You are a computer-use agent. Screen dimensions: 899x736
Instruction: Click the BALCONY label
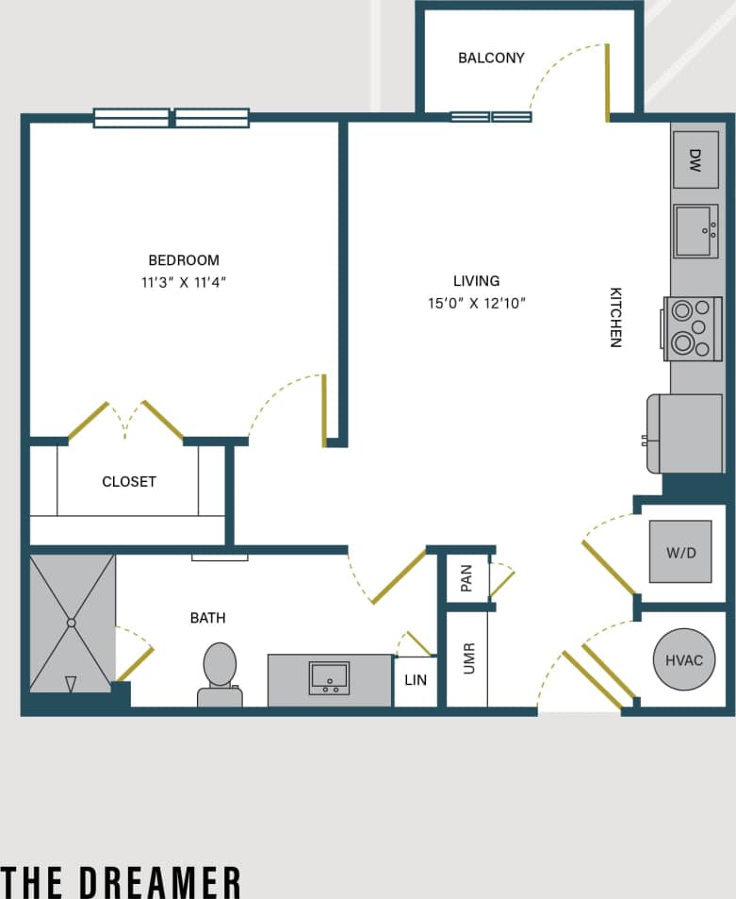pos(491,58)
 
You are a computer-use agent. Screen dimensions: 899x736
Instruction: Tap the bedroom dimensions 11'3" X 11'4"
pos(184,282)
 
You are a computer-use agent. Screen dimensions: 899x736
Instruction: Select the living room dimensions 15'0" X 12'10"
pos(476,303)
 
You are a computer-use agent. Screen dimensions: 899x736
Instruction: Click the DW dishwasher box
pos(695,159)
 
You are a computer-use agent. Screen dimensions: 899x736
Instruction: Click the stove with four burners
pos(693,328)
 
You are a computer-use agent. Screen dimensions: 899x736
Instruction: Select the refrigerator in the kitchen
pos(686,433)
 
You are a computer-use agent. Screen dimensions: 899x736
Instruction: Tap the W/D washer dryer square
pos(679,552)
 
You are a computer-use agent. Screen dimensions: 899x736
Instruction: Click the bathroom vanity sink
pos(329,677)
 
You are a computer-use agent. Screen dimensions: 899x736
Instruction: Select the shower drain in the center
pos(71,623)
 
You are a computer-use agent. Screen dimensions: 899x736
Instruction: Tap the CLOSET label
pos(129,482)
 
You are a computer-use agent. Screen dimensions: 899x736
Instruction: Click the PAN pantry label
pos(466,577)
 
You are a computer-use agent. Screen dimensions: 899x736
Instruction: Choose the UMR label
pos(468,658)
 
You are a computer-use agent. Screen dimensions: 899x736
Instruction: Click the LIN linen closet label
pos(415,680)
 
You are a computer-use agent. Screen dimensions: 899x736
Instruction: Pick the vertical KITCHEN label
pos(615,318)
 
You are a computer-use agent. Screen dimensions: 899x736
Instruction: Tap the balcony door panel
pos(607,83)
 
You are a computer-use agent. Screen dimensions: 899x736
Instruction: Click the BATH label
pos(208,618)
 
